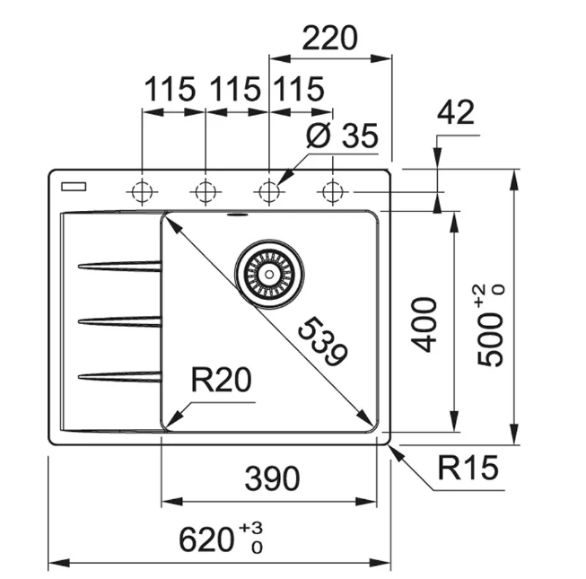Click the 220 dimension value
(329, 39)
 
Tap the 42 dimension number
(457, 112)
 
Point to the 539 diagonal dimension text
(320, 342)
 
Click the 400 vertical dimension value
(426, 324)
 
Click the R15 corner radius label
(467, 468)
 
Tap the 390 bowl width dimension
(272, 479)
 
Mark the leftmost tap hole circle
(142, 191)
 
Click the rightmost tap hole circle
(333, 191)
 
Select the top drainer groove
(119, 266)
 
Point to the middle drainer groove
(119, 320)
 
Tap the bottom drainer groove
(119, 376)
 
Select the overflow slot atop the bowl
(238, 215)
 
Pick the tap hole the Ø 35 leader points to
(268, 191)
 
